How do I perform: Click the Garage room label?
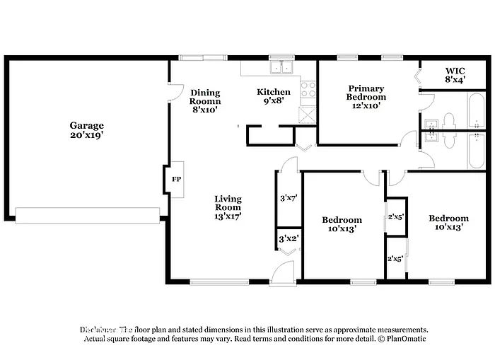(x=86, y=125)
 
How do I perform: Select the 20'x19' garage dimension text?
(x=86, y=135)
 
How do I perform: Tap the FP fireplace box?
(x=175, y=179)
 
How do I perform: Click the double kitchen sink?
(x=281, y=69)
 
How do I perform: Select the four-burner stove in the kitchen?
(x=308, y=89)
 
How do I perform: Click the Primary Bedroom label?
(x=366, y=93)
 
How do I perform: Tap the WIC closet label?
(x=454, y=71)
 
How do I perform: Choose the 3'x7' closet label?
(x=287, y=198)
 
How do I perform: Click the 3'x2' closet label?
(x=288, y=239)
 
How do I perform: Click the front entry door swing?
(x=283, y=273)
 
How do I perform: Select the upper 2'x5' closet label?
(x=395, y=217)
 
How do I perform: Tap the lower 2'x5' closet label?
(x=395, y=259)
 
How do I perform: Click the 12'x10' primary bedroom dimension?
(x=366, y=105)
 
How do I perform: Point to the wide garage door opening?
(x=88, y=215)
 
